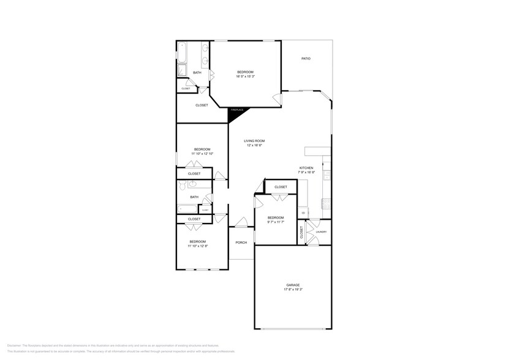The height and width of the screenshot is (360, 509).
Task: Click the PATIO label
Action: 306,59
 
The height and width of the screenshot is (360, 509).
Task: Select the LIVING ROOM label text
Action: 254,141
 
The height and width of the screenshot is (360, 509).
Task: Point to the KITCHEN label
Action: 306,168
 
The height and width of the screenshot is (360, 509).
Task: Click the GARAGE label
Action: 293,285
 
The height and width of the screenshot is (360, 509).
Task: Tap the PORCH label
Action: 241,242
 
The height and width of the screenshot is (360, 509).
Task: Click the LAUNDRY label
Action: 321,232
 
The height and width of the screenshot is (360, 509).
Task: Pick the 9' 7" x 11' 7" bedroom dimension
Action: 276,222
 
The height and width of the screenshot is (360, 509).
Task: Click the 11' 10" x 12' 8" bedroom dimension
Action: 198,246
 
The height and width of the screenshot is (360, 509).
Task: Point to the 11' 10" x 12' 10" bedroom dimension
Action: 202,154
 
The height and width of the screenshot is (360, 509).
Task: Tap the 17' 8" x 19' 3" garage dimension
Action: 293,290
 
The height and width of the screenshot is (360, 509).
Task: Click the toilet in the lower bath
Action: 183,184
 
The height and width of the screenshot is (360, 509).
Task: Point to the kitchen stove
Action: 326,176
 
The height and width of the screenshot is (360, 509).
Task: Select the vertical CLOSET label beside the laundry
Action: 302,233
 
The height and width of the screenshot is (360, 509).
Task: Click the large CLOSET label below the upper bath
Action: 202,105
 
